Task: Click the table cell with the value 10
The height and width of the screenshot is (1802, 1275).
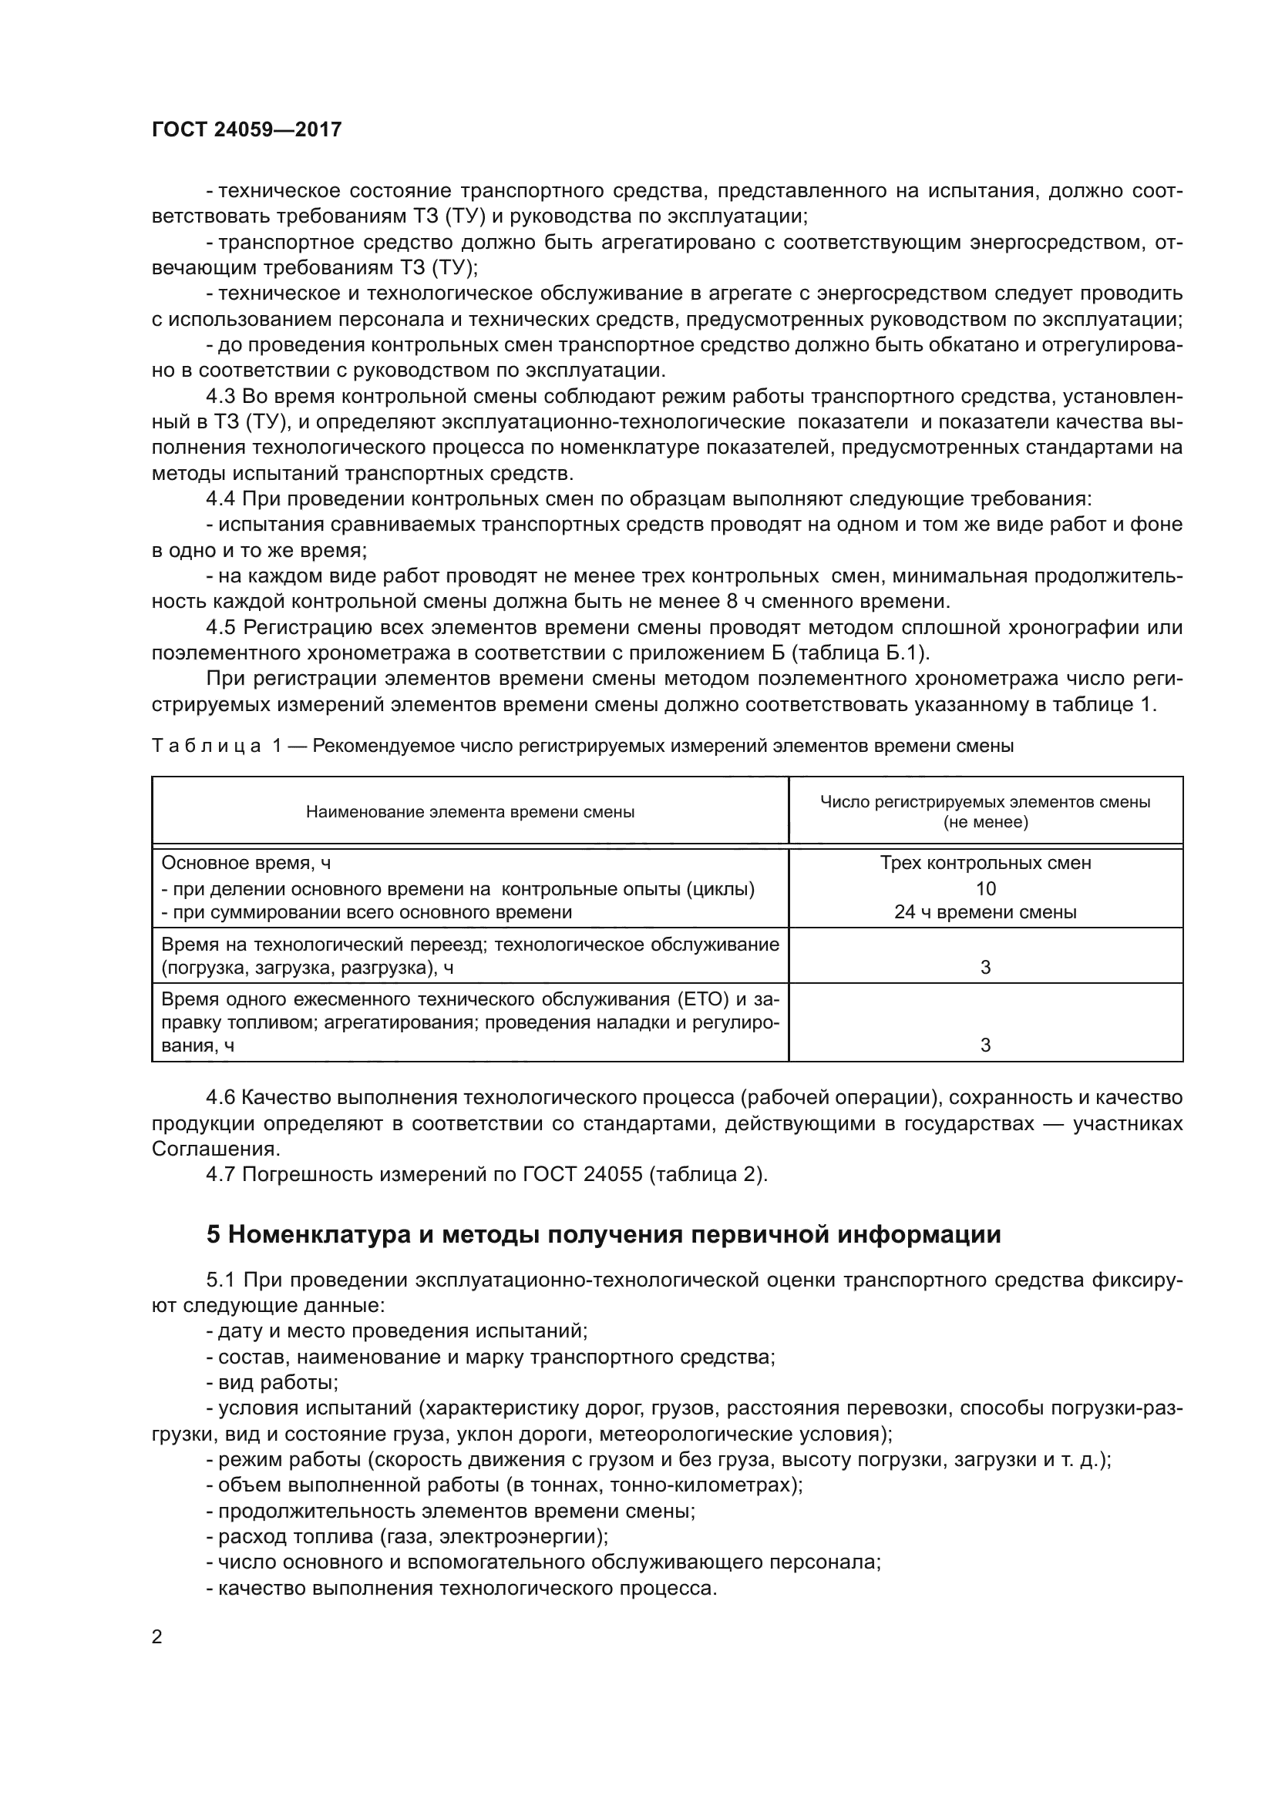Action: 985,888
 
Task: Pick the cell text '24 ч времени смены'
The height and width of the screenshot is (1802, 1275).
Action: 985,913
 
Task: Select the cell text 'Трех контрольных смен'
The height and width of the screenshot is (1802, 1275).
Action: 985,864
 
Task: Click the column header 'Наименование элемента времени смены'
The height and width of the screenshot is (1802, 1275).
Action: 469,812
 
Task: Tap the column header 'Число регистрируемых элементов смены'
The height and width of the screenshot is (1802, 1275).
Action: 985,802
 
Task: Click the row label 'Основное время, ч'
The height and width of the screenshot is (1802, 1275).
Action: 246,864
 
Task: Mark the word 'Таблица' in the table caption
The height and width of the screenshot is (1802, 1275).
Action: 206,747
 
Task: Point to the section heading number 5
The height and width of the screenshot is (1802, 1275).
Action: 214,1235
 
